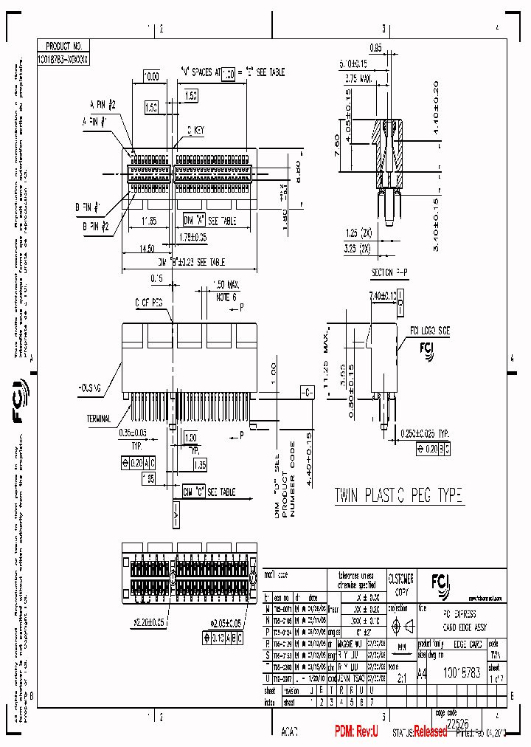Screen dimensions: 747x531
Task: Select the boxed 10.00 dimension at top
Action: (x=150, y=76)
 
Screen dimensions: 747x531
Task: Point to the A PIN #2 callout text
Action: (x=103, y=105)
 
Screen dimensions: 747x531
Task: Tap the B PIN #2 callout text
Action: (x=97, y=227)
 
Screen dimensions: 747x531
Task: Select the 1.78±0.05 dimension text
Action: (x=192, y=237)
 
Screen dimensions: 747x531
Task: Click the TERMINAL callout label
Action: (x=98, y=419)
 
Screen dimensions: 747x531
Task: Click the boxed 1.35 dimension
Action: (x=199, y=464)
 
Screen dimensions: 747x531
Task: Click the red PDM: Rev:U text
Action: (x=356, y=731)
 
